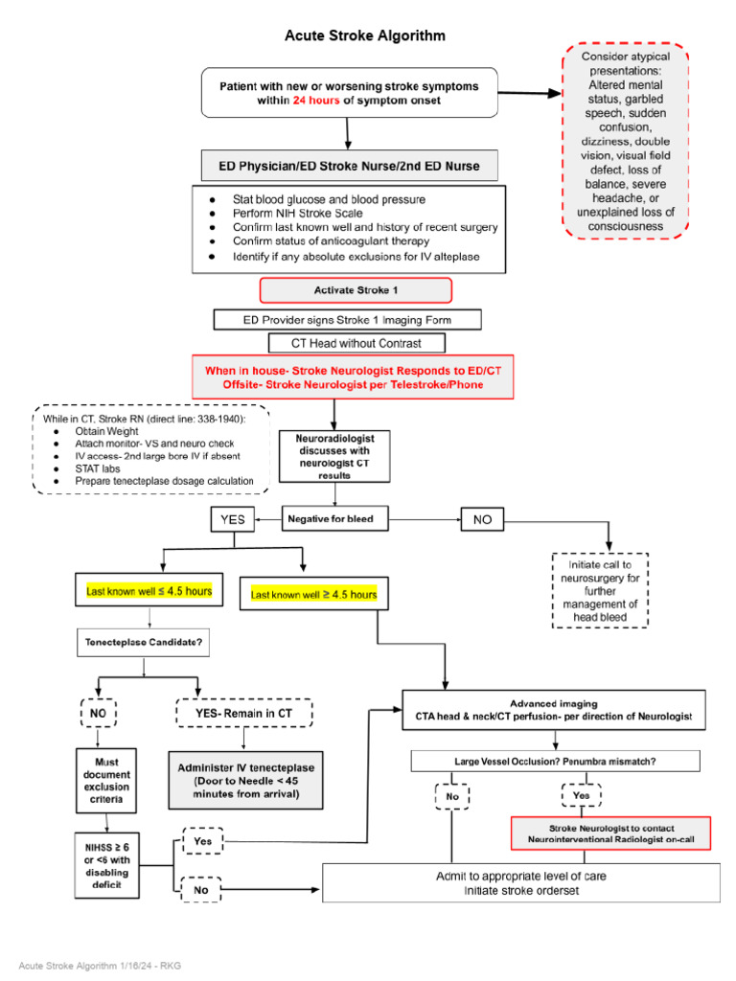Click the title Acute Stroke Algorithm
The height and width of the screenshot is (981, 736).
pyautogui.click(x=364, y=36)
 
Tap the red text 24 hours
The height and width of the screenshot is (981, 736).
pyautogui.click(x=316, y=100)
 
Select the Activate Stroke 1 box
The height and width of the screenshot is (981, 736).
pyautogui.click(x=356, y=290)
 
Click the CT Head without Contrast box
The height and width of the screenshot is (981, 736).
pyautogui.click(x=356, y=342)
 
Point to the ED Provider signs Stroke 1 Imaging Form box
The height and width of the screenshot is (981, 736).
pyautogui.click(x=347, y=319)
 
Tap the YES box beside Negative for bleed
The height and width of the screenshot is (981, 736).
pyautogui.click(x=233, y=520)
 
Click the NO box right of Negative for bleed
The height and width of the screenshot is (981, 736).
pyautogui.click(x=482, y=519)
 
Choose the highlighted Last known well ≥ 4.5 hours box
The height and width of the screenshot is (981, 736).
pyautogui.click(x=313, y=595)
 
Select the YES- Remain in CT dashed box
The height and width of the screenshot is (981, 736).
pyautogui.click(x=243, y=713)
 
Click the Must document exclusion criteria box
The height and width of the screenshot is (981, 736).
pyautogui.click(x=104, y=781)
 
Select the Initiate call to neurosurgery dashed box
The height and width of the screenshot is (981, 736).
pyautogui.click(x=601, y=590)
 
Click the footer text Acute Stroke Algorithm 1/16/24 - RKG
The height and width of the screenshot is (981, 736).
pyautogui.click(x=100, y=965)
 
